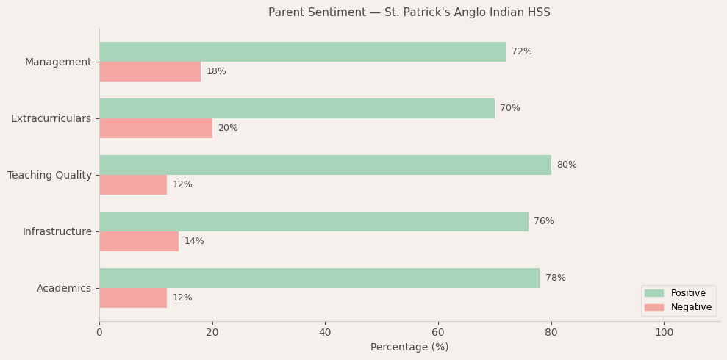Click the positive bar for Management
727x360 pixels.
302,52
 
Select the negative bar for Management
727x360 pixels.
150,72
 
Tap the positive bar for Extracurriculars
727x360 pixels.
297,109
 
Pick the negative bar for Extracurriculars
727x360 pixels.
156,129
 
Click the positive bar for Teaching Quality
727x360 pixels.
325,165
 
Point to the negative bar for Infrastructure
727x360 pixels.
139,242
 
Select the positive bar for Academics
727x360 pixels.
319,278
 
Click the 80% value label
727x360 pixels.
567,165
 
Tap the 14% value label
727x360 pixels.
194,242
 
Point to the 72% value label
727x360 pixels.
522,52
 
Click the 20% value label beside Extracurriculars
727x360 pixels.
228,129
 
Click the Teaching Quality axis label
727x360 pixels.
49,175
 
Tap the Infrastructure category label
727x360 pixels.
57,232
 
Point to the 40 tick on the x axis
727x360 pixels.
325,333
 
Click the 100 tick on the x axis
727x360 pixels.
664,333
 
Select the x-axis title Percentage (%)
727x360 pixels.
409,348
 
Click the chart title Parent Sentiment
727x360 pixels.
409,12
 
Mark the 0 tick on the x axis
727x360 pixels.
99,333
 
